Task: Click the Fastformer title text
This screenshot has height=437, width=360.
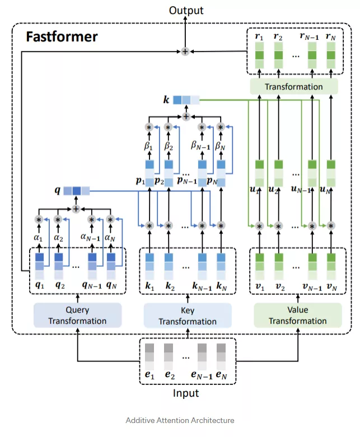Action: click(62, 37)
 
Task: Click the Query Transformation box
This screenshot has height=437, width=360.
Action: click(77, 315)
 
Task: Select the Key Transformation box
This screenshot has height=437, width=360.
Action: click(188, 316)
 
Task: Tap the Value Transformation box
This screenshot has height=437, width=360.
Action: click(297, 315)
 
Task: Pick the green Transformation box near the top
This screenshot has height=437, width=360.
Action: click(293, 87)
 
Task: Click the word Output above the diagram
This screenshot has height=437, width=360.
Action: click(186, 10)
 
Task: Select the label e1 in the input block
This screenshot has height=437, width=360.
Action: click(149, 375)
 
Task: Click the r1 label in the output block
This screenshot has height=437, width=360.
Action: click(258, 37)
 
